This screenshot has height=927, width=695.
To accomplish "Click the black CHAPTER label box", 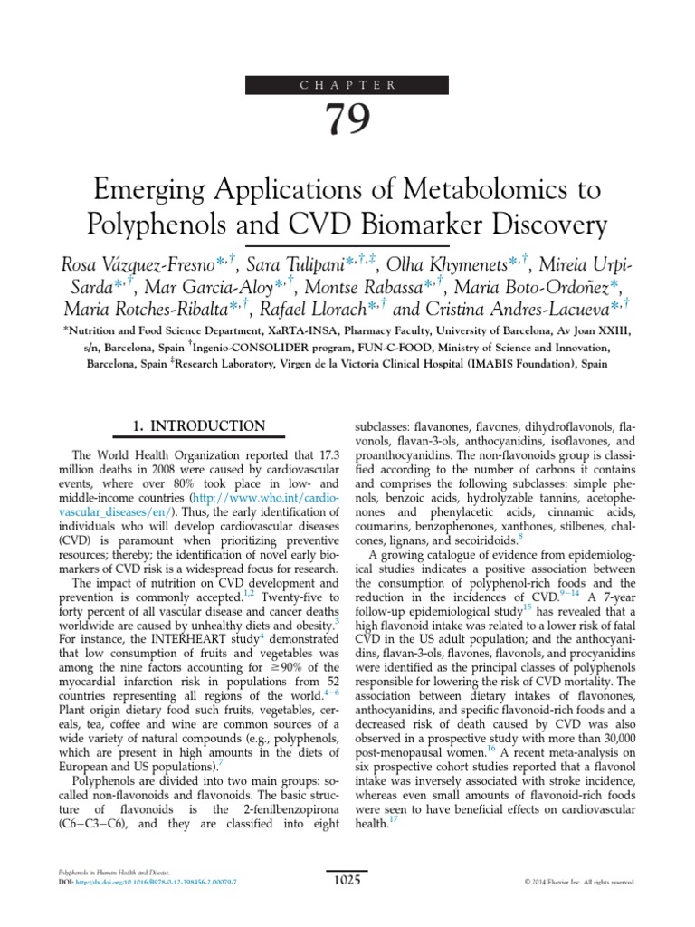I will [347, 85].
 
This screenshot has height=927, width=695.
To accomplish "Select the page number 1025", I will [347, 878].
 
